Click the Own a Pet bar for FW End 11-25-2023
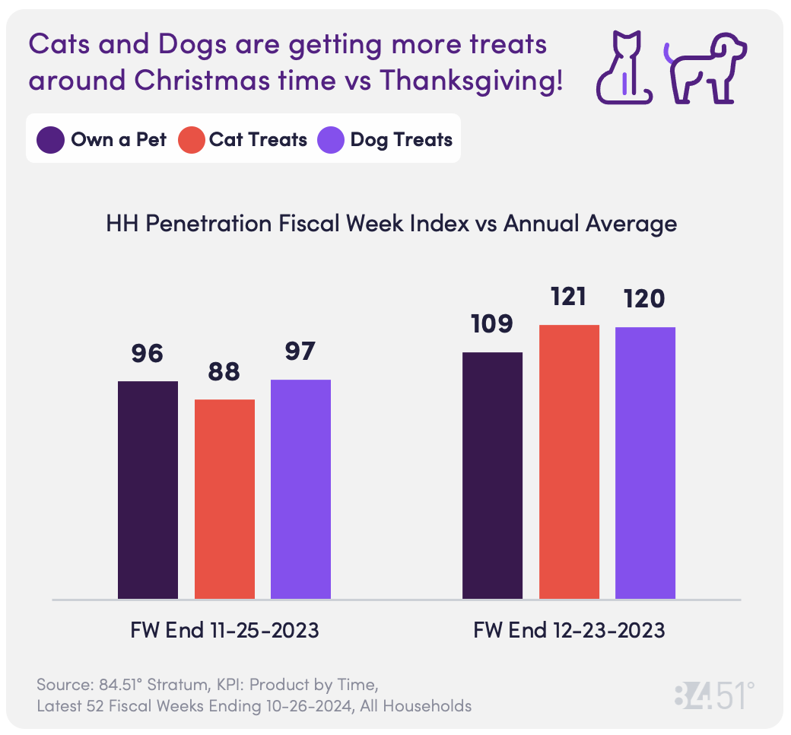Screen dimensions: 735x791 click(148, 489)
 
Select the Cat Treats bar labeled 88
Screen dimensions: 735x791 click(224, 498)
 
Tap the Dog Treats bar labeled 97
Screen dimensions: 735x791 click(300, 488)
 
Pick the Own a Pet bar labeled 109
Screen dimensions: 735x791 click(492, 475)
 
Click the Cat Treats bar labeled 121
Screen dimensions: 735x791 click(569, 461)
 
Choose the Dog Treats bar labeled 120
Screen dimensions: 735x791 click(645, 463)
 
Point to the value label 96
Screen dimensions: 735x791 click(148, 354)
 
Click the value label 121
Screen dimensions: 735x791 click(569, 297)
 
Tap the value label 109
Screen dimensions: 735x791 click(492, 324)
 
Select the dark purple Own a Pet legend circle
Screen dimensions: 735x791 click(51, 140)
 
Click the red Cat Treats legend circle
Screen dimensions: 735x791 click(191, 140)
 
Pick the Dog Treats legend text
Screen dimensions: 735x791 click(401, 140)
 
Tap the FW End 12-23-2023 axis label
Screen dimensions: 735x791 click(569, 631)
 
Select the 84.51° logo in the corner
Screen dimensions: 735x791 click(714, 695)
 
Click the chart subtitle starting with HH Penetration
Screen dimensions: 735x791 click(391, 224)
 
